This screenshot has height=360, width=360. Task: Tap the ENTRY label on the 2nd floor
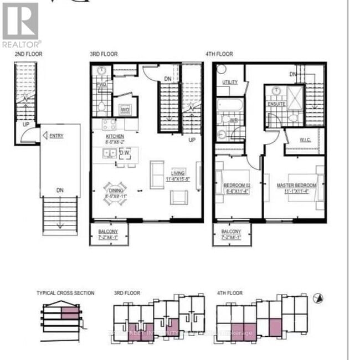tap(56, 135)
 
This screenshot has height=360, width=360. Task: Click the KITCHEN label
tap(115, 136)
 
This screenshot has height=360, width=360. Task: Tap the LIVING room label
tap(178, 173)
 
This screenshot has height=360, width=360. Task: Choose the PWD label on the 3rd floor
tap(102, 85)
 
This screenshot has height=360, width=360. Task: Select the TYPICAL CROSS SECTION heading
tap(65, 293)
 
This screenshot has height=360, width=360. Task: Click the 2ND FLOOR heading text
tap(28, 54)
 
